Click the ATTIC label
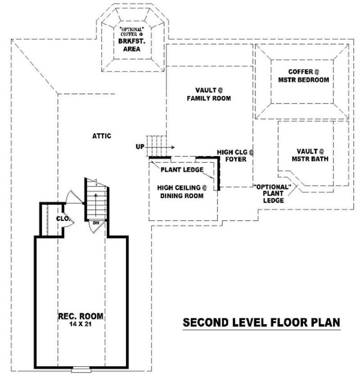(102, 136)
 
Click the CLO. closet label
(63, 218)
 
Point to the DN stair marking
(96, 223)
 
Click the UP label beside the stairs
(139, 146)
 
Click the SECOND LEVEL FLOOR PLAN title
(261, 322)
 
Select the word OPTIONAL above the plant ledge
(273, 186)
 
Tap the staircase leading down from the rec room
(96, 200)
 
